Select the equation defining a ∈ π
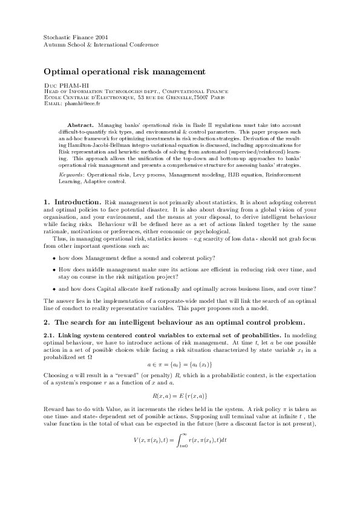[x=179, y=364]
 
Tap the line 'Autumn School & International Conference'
[x=101, y=45]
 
